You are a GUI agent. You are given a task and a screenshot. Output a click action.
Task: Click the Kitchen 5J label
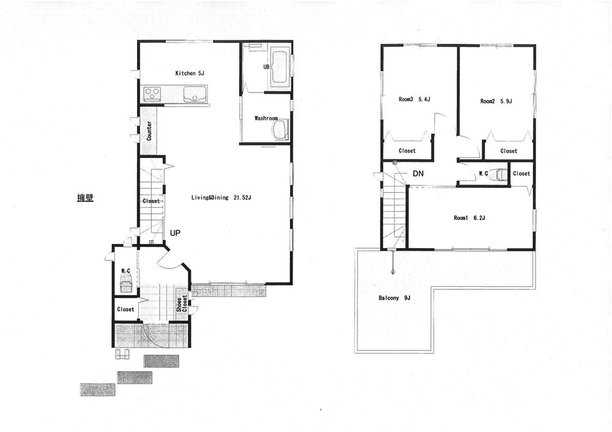(190, 74)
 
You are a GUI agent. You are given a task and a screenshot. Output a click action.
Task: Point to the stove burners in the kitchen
(152, 94)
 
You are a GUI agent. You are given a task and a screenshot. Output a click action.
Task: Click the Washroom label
(266, 118)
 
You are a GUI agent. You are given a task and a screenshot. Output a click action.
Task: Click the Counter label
(149, 131)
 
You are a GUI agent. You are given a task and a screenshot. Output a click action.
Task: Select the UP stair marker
(175, 233)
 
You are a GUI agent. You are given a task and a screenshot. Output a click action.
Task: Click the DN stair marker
(418, 174)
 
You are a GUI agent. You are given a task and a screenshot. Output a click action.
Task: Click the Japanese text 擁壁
(85, 198)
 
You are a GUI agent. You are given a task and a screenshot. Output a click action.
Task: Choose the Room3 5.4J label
(414, 99)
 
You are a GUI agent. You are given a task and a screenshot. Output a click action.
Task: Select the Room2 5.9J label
(496, 101)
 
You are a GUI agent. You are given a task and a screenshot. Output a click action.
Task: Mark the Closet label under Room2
(509, 151)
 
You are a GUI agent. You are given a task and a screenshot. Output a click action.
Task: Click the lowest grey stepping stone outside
(97, 389)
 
